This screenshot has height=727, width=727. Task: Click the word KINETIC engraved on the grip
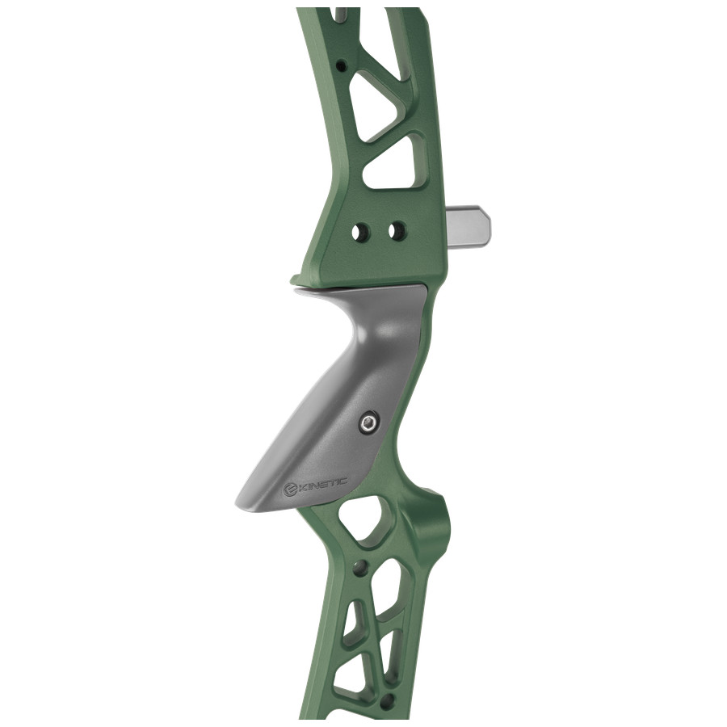point(324,485)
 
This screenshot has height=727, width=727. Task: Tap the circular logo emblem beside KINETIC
point(290,491)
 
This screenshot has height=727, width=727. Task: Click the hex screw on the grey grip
point(369,423)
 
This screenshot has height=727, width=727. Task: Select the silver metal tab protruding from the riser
point(469,225)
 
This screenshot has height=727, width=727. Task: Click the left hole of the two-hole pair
point(359,232)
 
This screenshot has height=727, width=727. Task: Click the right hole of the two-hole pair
point(396,230)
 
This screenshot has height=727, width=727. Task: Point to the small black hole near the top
point(342,65)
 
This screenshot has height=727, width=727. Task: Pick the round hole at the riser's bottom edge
point(389,700)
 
